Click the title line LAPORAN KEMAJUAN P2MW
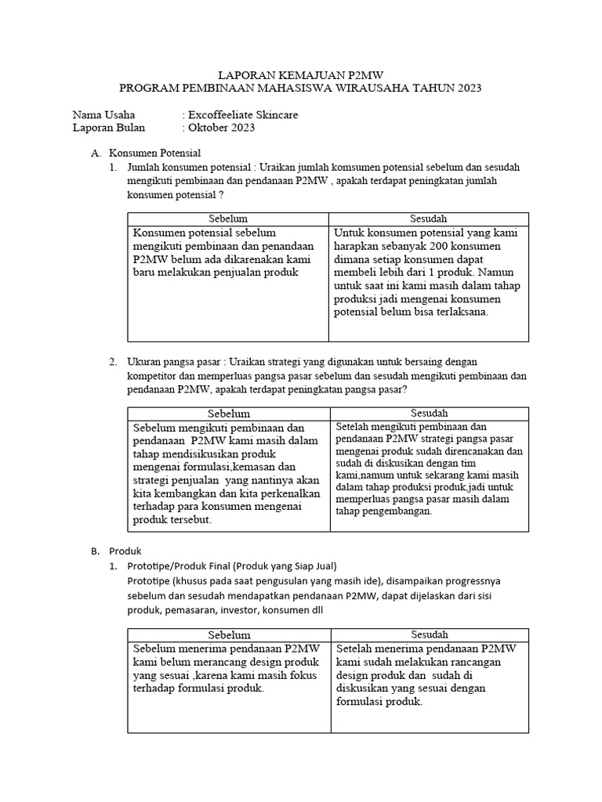coord(301,75)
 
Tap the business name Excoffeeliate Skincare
coord(242,115)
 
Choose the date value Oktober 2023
coord(221,128)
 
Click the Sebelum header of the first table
coord(228,219)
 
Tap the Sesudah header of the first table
coord(429,219)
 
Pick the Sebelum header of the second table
coord(228,413)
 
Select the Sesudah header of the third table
coord(429,634)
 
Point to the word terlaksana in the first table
coord(454,312)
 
